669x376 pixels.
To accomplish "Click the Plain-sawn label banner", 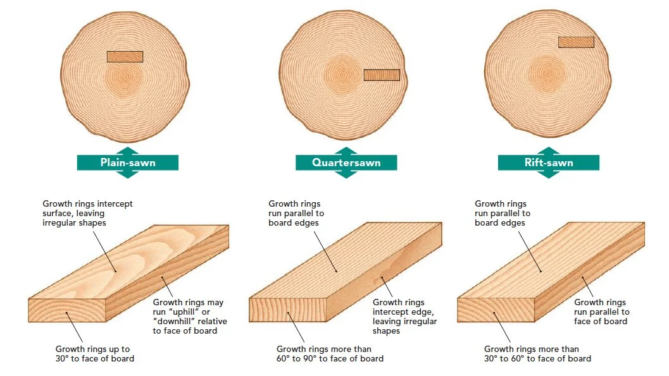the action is coord(127,162).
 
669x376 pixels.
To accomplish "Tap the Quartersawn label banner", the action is coord(346,162).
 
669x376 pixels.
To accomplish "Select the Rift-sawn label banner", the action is coord(548,162).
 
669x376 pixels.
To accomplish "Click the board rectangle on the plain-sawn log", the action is coord(125,56).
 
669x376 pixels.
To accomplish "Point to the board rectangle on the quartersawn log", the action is coord(382,75).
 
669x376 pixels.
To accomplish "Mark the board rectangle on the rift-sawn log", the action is coord(576,42).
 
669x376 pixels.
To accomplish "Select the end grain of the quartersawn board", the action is coord(288,310).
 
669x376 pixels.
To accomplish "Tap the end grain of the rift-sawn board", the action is coord(496,310).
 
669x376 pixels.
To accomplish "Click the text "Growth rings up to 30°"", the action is coord(94,349).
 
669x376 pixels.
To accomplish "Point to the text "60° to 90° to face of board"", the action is coord(330,358).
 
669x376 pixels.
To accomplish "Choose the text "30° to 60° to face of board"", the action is coord(537,358).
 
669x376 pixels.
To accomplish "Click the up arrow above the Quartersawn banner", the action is coord(346,150).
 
